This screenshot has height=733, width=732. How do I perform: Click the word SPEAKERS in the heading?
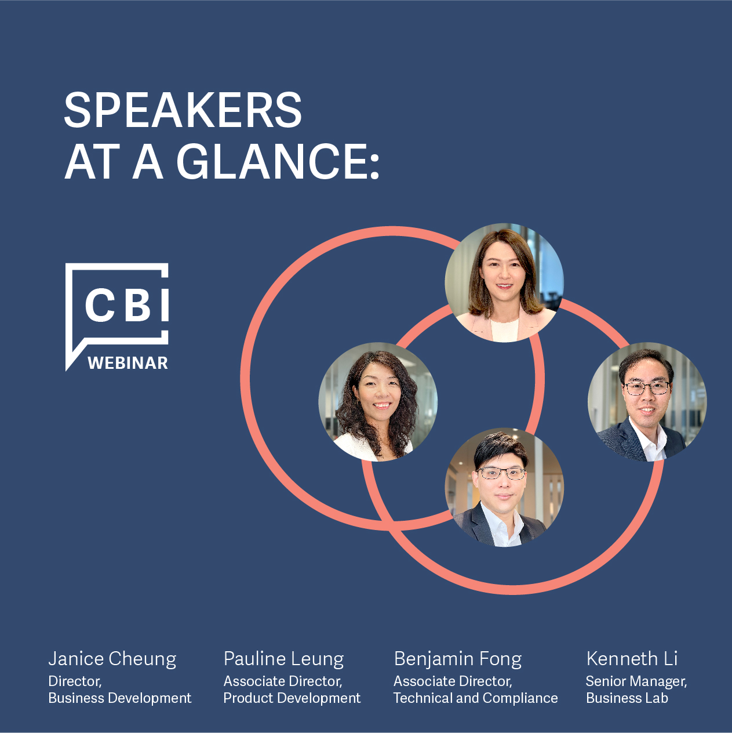[183, 110]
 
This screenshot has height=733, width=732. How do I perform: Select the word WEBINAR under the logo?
[128, 363]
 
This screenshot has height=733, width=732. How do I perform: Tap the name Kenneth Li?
[632, 658]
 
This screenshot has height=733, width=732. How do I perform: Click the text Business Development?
[120, 698]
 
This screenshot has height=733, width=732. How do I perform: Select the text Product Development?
[292, 698]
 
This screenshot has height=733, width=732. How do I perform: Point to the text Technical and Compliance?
[476, 698]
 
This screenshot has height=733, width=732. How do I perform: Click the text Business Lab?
[627, 698]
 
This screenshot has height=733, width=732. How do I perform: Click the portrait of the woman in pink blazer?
[504, 282]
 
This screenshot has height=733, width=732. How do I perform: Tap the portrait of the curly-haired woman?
[378, 402]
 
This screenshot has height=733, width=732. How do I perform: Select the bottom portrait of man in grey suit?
[504, 488]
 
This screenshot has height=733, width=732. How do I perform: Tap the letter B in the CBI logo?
[139, 304]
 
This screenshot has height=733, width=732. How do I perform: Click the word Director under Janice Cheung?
[75, 681]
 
